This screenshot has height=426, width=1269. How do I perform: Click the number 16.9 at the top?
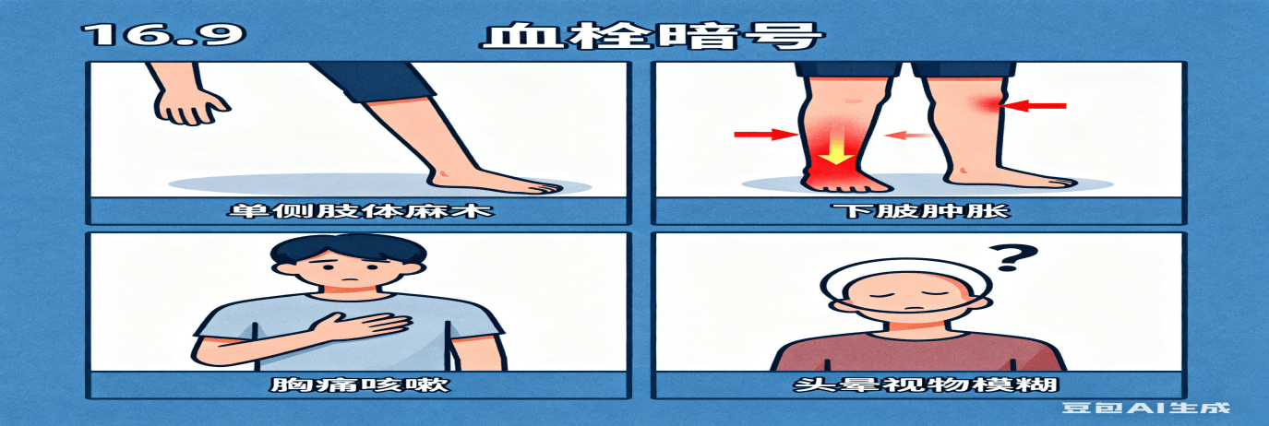[x=163, y=35]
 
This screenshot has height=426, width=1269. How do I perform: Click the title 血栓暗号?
[x=652, y=37]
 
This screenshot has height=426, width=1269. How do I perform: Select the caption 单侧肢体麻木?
[x=360, y=211]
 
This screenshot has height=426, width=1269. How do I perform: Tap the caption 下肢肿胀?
[x=920, y=211]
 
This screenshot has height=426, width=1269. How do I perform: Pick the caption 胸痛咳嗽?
[x=360, y=385]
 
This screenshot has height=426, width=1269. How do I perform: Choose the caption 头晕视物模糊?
[x=925, y=385]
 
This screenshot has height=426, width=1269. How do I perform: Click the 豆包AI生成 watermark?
[x=1145, y=408]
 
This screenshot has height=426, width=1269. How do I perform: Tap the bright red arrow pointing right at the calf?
[x=766, y=134]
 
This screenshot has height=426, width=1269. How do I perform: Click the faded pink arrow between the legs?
[x=909, y=136]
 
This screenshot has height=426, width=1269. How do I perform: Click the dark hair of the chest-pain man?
[x=348, y=249]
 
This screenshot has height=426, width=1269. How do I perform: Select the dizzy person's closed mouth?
[x=914, y=309]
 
